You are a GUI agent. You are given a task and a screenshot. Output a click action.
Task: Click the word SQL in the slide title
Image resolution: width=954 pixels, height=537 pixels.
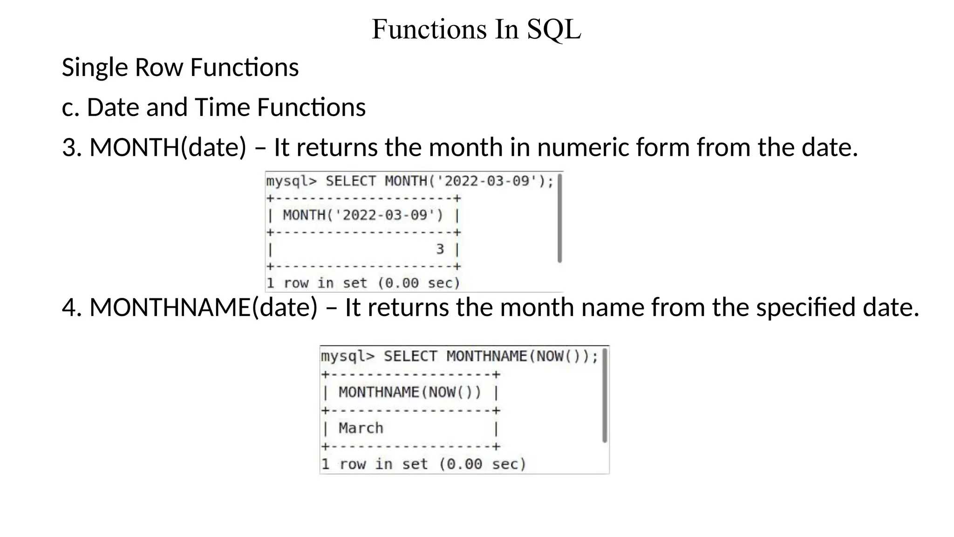[x=554, y=29]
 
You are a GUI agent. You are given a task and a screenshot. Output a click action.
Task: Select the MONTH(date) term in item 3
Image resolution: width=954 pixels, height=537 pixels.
[x=167, y=148]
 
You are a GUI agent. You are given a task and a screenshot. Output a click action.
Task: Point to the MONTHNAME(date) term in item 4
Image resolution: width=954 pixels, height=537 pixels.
[x=203, y=308]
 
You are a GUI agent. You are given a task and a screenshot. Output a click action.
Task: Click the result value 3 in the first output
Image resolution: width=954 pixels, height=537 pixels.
[x=440, y=249]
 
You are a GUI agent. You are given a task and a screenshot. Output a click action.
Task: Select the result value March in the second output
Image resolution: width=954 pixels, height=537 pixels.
[x=361, y=428]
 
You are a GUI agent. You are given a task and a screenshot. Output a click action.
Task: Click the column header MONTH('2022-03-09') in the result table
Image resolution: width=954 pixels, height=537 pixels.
[x=363, y=215]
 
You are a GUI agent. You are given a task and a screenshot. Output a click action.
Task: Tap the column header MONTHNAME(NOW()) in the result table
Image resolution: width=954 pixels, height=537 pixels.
[x=410, y=392]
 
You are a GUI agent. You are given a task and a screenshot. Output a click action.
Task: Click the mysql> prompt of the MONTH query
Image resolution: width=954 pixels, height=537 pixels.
[x=291, y=181]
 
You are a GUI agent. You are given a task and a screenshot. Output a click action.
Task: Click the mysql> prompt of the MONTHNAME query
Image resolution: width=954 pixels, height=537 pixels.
[x=348, y=357]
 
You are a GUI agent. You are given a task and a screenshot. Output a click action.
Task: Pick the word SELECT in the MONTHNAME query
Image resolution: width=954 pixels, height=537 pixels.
[x=410, y=357]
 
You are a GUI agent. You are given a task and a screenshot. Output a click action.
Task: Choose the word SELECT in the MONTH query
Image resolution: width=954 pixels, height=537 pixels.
[x=350, y=181]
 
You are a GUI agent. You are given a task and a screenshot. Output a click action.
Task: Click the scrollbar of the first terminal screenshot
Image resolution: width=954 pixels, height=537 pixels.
[x=559, y=218]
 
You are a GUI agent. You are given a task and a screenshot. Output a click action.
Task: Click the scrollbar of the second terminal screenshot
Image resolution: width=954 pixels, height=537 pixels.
[x=605, y=395]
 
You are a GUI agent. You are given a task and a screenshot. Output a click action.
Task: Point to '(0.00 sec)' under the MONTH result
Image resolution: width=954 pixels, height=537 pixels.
[x=418, y=283]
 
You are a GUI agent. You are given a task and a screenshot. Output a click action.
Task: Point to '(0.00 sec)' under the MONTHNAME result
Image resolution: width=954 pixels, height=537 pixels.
[x=483, y=464]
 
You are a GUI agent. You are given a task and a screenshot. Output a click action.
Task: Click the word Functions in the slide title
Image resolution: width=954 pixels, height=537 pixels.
[x=429, y=29]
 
